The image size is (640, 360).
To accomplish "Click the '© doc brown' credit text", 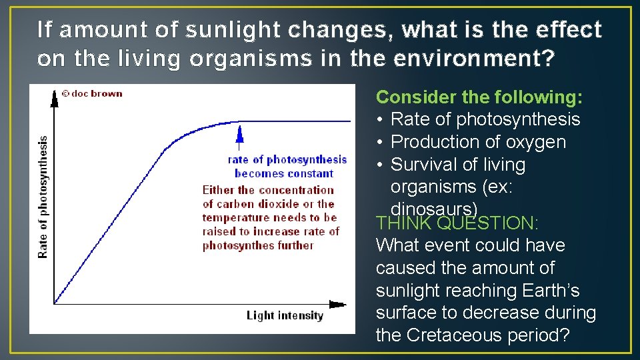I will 91,94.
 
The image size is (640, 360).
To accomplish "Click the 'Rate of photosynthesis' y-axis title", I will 43,197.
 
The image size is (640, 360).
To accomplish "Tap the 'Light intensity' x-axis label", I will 285,315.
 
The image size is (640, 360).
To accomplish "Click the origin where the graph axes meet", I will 55,304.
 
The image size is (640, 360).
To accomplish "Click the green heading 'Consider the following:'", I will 479,97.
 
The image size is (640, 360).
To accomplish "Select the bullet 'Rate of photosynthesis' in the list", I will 485,120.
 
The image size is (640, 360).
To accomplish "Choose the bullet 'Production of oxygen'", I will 477,142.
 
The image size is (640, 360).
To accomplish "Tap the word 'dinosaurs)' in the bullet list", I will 434,209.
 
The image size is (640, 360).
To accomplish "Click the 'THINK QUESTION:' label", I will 457,223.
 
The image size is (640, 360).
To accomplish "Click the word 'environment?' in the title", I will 473,59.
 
